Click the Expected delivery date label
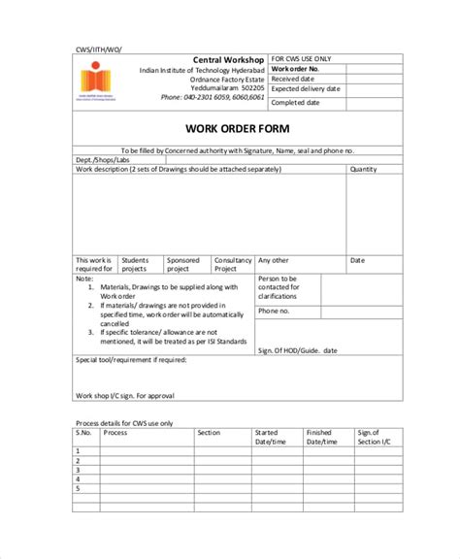(x=306, y=90)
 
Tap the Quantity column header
(x=364, y=169)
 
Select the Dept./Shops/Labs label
(x=102, y=160)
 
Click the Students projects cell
(x=135, y=264)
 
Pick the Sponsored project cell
(x=183, y=264)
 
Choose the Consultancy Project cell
(x=233, y=264)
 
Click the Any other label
(x=273, y=260)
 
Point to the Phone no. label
(x=273, y=311)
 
